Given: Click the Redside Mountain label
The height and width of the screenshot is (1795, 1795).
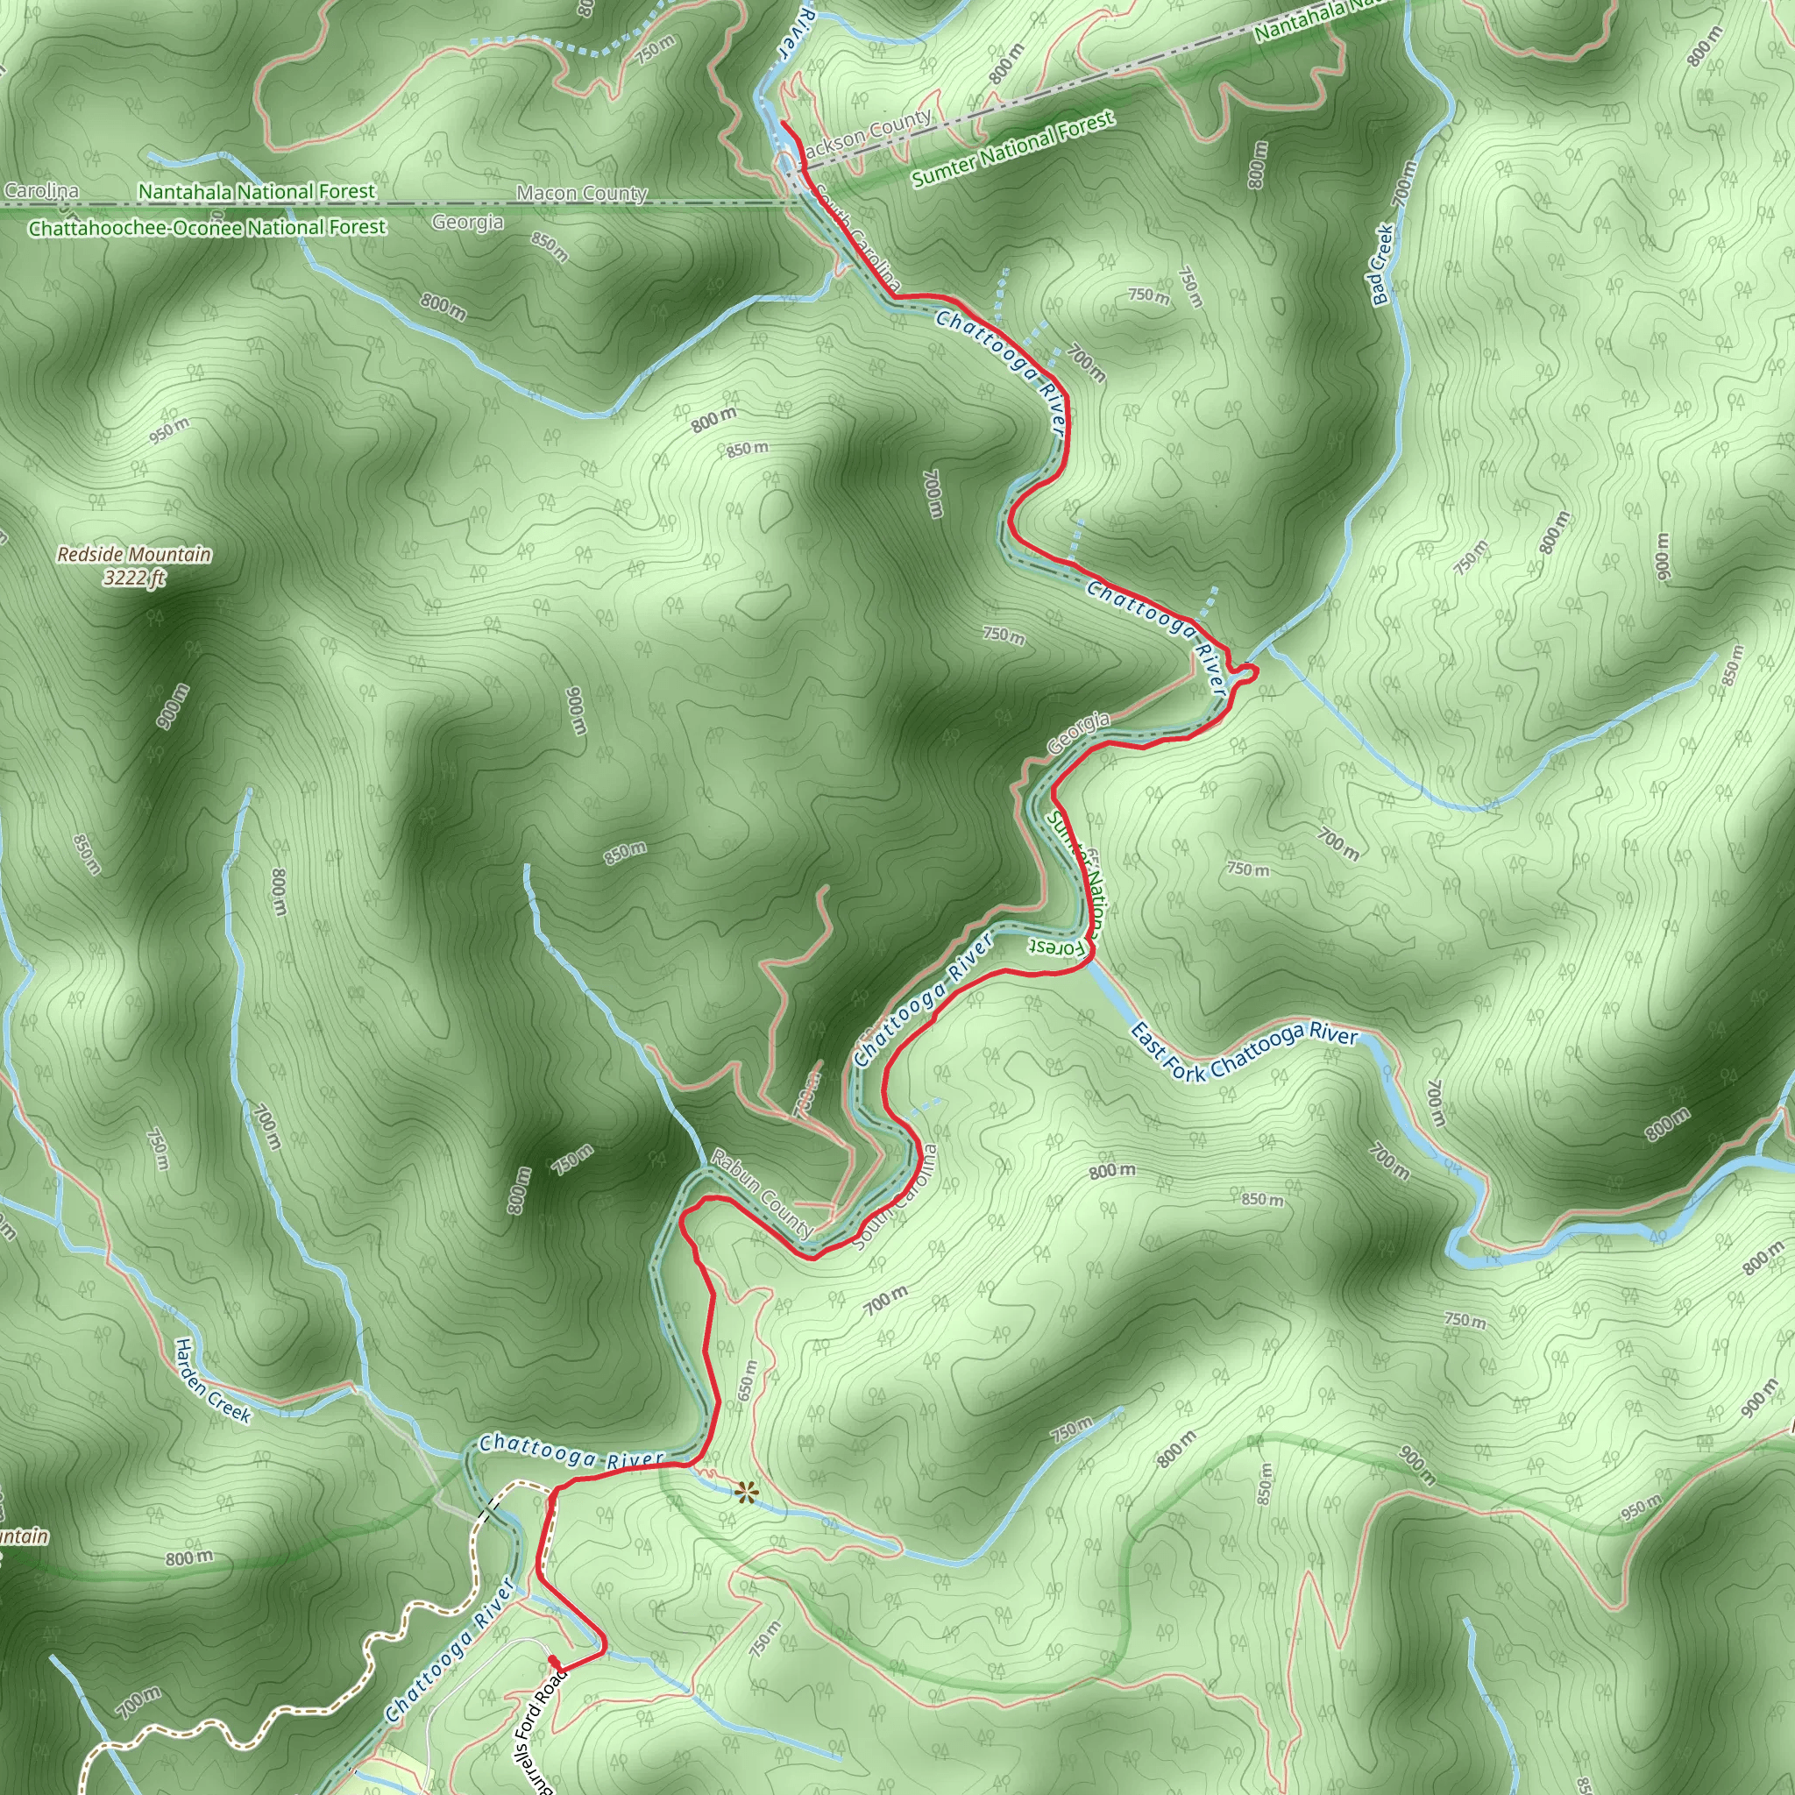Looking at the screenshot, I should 134,555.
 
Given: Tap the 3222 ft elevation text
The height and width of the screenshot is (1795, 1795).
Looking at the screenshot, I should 134,578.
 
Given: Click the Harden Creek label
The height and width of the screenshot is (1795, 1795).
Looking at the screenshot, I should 213,1380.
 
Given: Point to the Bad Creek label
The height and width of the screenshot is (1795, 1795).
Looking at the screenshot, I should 1382,264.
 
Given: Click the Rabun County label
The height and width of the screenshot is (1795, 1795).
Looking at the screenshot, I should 762,1194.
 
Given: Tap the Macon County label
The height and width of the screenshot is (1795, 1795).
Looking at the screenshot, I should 582,193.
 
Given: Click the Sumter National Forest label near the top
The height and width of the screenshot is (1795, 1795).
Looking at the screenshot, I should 1012,149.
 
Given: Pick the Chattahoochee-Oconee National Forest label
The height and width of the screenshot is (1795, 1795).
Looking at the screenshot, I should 206,228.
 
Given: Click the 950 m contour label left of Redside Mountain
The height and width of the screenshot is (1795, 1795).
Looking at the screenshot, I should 169,430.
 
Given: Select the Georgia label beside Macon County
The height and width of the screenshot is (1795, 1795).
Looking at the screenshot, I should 467,222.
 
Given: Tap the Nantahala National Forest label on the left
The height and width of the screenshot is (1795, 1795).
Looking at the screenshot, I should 257,191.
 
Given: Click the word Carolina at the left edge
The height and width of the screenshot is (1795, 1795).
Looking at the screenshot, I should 42,190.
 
